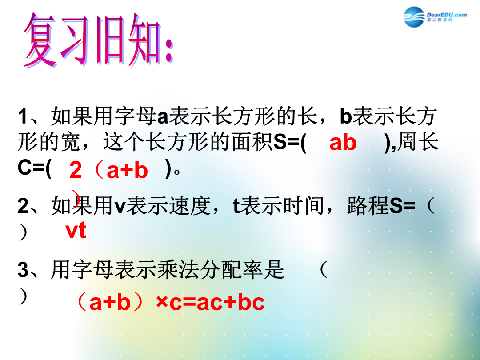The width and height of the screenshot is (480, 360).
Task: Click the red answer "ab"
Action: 343,142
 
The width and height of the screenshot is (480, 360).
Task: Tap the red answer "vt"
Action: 76,231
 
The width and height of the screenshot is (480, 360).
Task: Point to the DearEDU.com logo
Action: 435,16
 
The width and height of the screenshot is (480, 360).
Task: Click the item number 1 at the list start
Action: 23,116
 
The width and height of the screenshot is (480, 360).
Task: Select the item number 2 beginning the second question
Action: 23,206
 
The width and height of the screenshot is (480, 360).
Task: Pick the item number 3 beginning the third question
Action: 23,270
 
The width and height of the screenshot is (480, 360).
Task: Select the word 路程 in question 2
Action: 368,205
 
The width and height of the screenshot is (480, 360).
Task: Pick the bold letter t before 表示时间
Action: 236,206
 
